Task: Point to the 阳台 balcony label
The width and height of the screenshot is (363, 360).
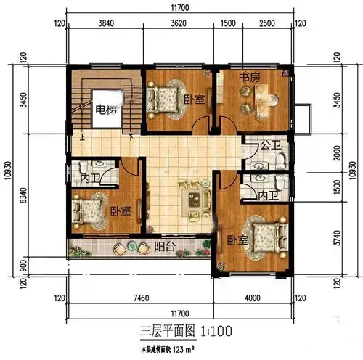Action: pos(164,247)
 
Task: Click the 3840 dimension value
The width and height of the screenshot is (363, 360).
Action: pos(105,22)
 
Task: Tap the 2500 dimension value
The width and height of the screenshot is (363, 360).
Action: pos(266,22)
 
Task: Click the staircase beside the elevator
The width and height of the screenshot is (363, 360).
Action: pos(82,102)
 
